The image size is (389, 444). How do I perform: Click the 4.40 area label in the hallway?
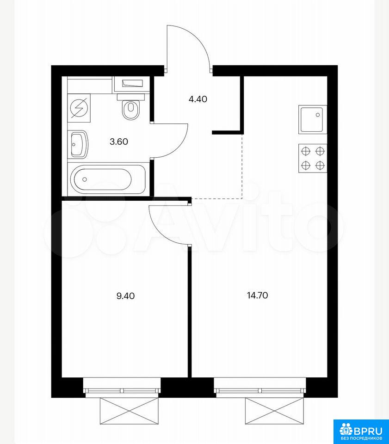pos(198,99)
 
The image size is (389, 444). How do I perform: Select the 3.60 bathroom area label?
pos(119,142)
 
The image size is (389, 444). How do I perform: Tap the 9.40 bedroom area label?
pos(125,296)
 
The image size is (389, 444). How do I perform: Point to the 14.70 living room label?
pos(257,296)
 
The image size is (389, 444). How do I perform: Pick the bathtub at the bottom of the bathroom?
pos(108,179)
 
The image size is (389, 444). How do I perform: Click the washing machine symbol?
pos(79,108)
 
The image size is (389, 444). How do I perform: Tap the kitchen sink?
pos(313,119)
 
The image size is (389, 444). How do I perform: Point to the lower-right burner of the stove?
pos(320,165)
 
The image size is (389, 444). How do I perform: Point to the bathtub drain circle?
pos(84,179)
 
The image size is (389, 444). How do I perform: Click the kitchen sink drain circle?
pos(318,115)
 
